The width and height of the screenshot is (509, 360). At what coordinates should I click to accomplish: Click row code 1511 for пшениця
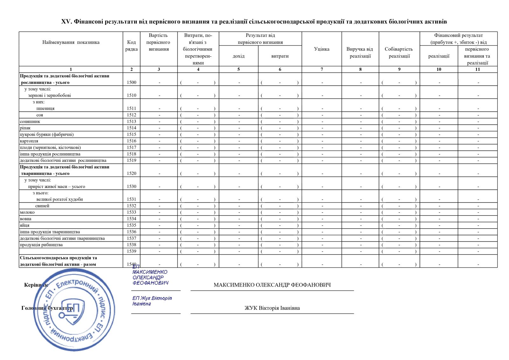tap(131, 108)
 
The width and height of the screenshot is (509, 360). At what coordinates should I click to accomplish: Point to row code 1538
tap(131, 245)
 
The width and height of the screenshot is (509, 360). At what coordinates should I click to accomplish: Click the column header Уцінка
tap(322, 49)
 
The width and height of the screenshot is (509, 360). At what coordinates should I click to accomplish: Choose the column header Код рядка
tap(131, 46)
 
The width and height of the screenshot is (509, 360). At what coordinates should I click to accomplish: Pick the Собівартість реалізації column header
tap(399, 52)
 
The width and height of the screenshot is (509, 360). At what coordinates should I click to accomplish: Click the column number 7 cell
tap(322, 69)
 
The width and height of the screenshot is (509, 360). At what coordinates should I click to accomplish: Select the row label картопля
tap(29, 141)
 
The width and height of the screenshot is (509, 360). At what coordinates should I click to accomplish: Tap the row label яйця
tap(24, 225)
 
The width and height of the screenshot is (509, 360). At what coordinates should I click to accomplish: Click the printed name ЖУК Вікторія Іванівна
tap(272, 308)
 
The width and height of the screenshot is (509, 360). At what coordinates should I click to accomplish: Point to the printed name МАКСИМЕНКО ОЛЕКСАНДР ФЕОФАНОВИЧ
tap(272, 285)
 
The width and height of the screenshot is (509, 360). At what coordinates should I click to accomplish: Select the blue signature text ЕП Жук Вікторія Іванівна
tap(152, 301)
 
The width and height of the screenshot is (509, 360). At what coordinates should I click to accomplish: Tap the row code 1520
tap(131, 174)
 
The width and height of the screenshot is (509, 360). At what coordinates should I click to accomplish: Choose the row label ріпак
tap(25, 128)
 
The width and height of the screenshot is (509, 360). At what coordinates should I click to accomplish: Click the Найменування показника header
tap(71, 42)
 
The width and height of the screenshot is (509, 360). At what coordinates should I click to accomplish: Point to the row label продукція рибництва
tap(41, 245)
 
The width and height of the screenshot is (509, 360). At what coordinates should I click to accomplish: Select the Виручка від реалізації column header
tap(360, 52)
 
